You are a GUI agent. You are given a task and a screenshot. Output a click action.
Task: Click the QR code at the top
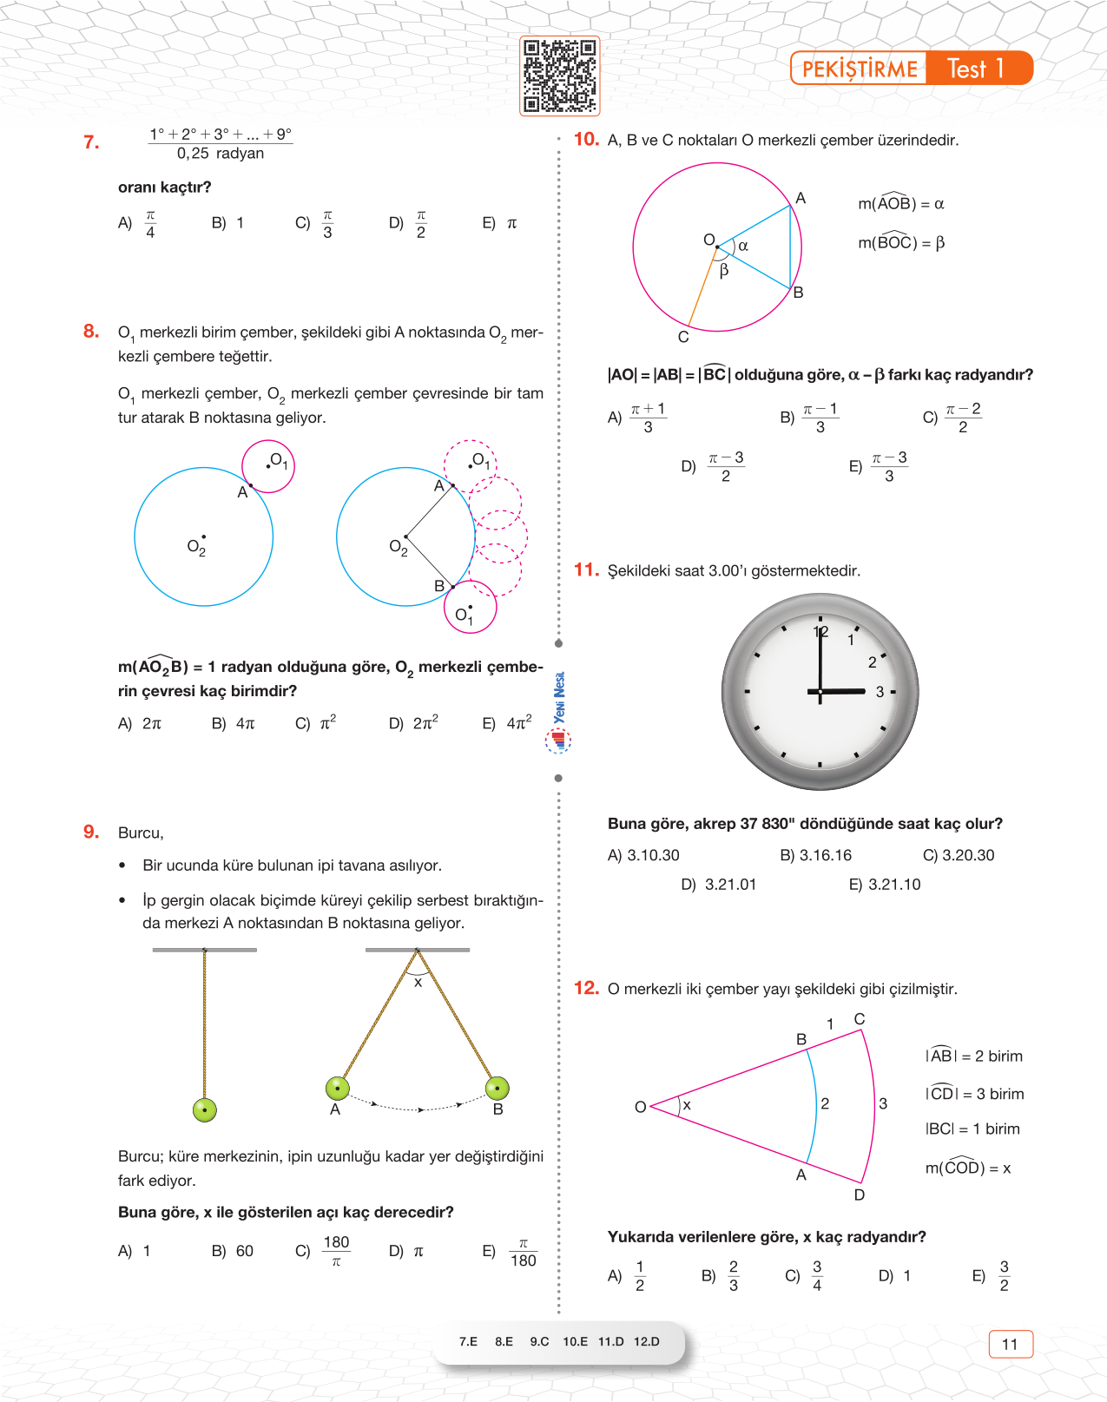pos(559,76)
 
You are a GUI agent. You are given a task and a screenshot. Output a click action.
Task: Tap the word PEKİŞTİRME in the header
pos(860,69)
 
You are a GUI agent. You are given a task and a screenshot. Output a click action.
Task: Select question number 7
pos(91,142)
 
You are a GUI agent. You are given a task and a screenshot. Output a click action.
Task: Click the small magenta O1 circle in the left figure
pos(268,466)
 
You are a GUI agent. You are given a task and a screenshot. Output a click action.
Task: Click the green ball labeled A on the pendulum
pos(337,1088)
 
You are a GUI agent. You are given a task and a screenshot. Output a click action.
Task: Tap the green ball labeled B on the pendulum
pos(497,1088)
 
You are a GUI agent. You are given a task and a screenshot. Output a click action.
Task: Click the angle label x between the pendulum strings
pos(418,983)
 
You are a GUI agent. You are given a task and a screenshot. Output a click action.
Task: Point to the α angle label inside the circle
pos(743,247)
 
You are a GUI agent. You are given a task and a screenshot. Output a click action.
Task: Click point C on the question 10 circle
pos(683,336)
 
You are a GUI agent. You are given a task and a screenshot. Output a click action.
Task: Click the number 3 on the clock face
pos(880,692)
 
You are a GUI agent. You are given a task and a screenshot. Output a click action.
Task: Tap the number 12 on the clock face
pos(820,632)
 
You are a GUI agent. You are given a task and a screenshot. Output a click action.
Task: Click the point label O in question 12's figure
pos(641,1107)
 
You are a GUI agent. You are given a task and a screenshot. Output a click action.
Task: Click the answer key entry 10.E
pos(575,1341)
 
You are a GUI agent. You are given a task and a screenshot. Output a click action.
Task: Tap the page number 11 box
pos(1011,1344)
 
